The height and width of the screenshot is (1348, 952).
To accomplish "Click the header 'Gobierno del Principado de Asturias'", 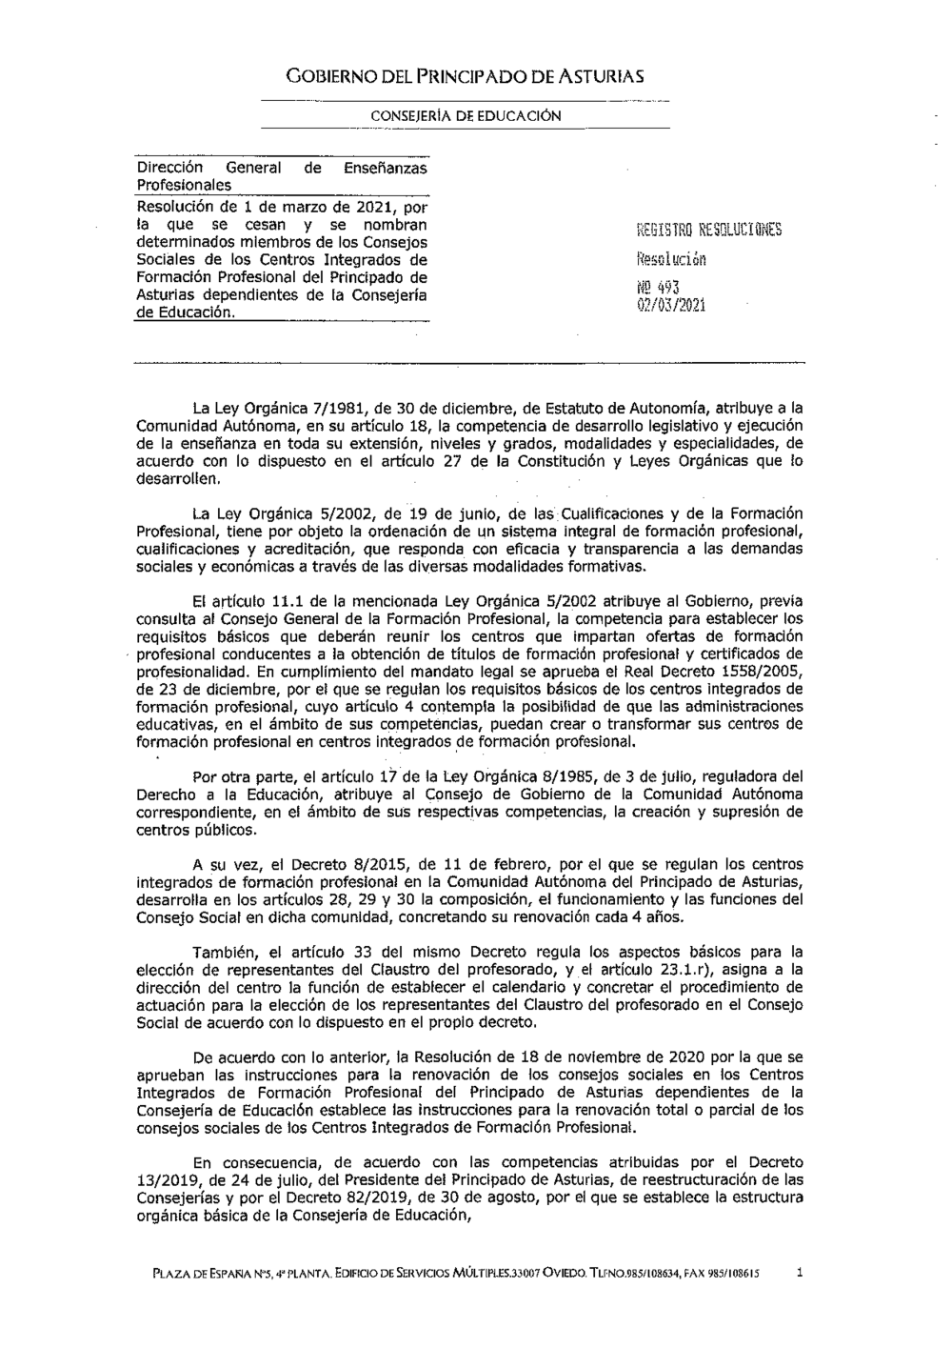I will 466,75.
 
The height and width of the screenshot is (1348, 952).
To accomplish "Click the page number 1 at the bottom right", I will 800,1272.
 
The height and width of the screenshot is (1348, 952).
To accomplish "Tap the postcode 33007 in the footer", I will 526,1273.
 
